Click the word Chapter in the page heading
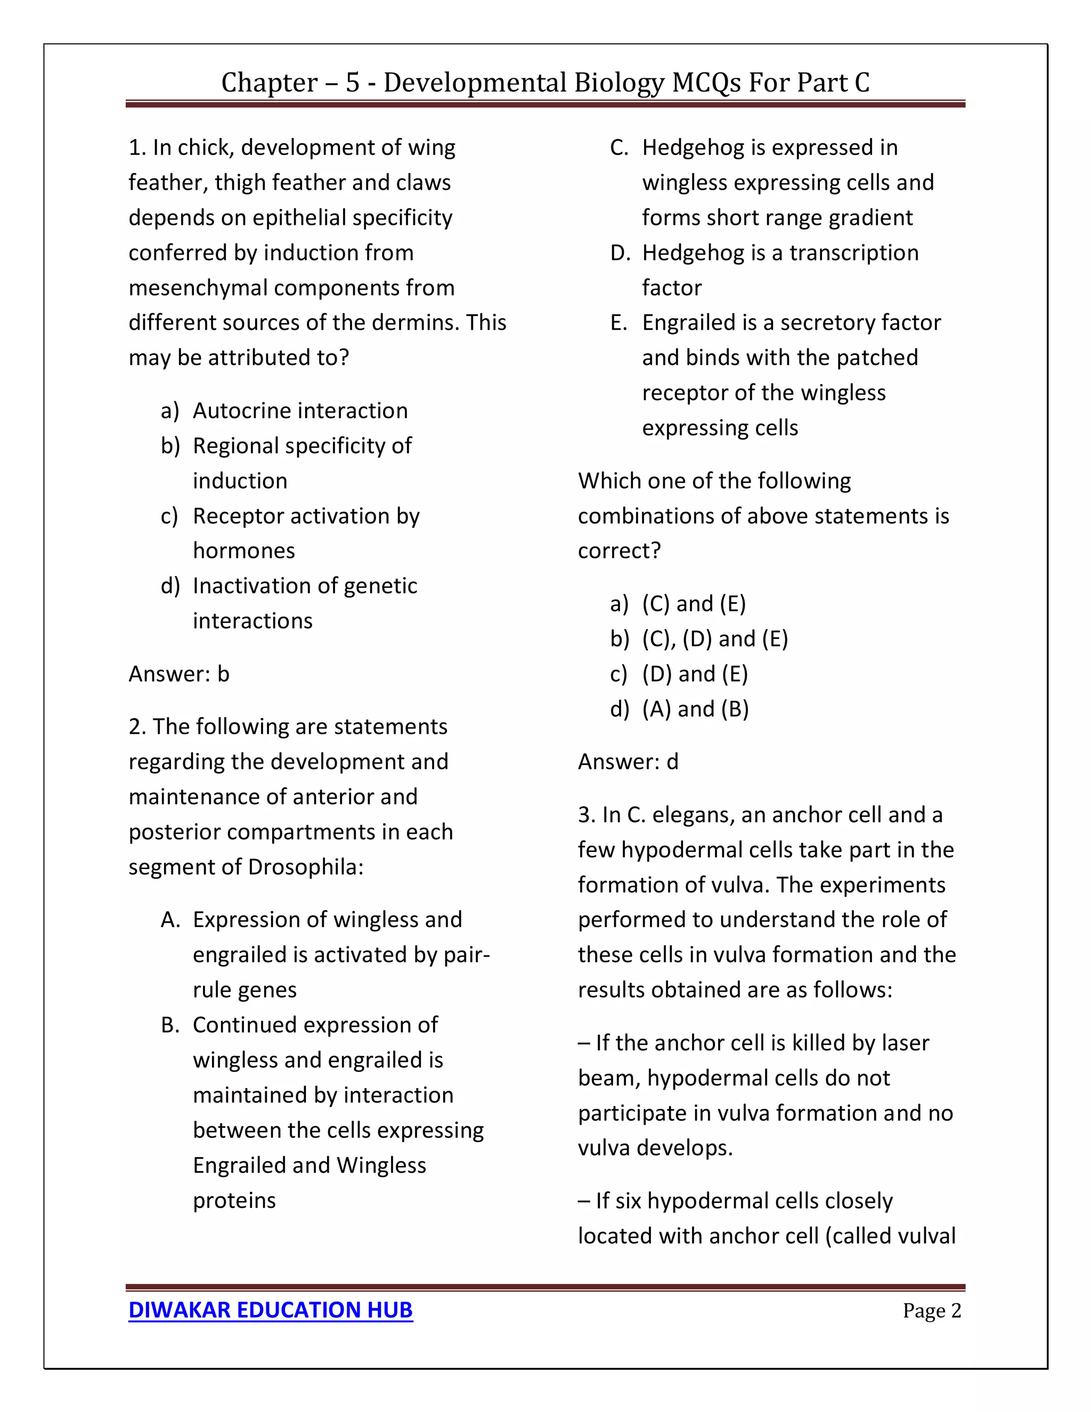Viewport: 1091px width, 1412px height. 269,83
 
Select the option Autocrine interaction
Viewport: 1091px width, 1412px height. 300,410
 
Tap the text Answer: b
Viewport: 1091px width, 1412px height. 179,673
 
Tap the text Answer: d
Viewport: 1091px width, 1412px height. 628,761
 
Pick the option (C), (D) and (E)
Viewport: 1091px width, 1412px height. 715,639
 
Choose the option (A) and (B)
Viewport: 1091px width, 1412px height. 695,709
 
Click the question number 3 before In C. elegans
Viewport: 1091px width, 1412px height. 586,815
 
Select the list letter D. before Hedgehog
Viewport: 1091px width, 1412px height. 620,253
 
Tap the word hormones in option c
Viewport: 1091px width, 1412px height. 243,551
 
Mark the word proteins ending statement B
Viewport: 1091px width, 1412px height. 234,1200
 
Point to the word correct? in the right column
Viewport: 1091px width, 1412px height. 619,551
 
